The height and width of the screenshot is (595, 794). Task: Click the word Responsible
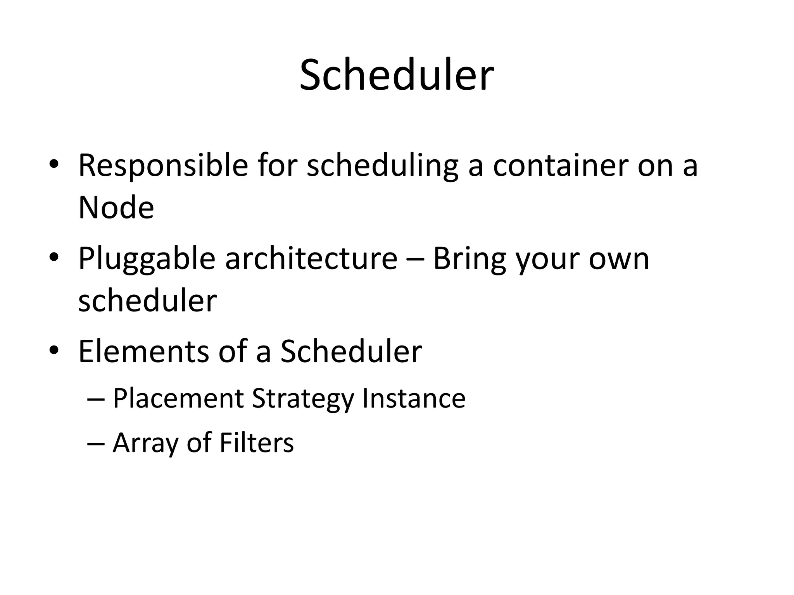click(163, 166)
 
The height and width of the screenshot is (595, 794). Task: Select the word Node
click(116, 208)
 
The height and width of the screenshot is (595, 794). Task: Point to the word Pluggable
click(147, 259)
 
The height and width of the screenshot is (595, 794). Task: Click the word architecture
click(311, 259)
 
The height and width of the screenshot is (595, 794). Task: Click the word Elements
click(143, 352)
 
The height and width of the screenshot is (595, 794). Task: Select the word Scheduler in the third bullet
click(351, 352)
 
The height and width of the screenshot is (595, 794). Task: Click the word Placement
click(178, 399)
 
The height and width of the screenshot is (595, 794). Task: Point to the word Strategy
click(303, 399)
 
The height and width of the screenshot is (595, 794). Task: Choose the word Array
click(145, 443)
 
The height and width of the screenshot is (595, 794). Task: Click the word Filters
click(256, 443)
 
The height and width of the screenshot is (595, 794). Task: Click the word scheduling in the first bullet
click(382, 166)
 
